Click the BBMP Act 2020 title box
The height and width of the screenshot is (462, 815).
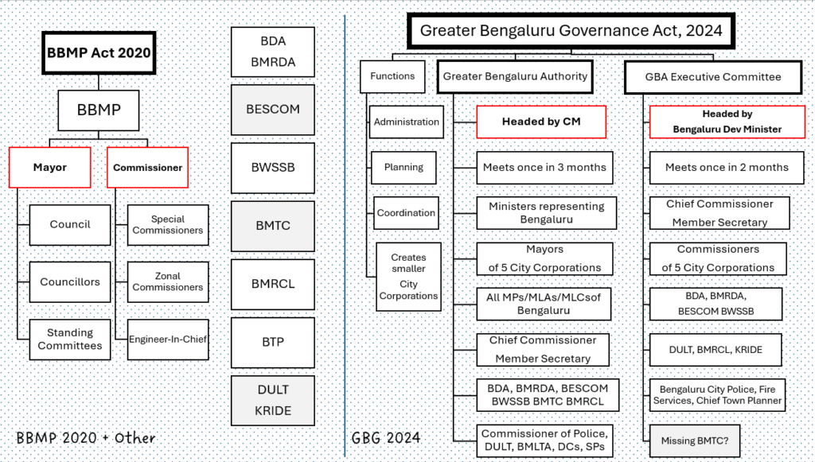tap(97, 54)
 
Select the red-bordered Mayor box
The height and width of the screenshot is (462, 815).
tap(49, 167)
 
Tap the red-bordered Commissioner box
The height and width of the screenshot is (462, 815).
tap(147, 167)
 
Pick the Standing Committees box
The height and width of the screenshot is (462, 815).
tap(70, 339)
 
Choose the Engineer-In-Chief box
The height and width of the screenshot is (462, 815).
tap(168, 339)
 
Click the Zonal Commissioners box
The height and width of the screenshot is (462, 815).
tap(168, 281)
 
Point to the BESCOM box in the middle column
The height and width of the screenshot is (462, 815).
tap(273, 109)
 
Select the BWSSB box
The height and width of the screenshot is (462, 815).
tap(273, 168)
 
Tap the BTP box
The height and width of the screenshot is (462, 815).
tap(273, 342)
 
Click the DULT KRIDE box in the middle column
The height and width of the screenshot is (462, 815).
tap(273, 400)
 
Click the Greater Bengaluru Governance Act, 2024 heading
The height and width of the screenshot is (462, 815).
tap(571, 31)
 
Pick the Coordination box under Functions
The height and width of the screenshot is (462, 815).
tap(406, 213)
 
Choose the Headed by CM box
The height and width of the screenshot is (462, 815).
tap(541, 122)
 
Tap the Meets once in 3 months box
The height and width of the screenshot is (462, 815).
tap(544, 168)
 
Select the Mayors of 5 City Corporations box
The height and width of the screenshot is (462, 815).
tap(544, 258)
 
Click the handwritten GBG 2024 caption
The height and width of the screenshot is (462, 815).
tap(386, 438)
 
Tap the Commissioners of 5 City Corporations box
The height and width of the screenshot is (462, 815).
tap(718, 258)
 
